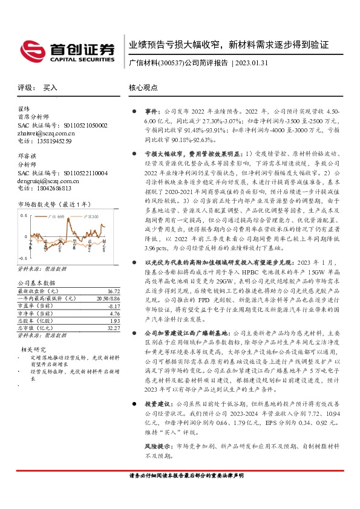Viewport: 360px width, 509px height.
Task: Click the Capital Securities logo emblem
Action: (29, 48)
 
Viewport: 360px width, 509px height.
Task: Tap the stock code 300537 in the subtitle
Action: (169, 63)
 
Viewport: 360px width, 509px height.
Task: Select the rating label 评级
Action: (24, 88)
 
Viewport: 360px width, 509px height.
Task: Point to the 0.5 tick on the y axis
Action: (24, 216)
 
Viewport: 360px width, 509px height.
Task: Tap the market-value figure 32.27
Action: (112, 328)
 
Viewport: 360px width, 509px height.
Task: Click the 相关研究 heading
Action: (34, 349)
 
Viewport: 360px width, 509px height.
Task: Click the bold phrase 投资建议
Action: (157, 386)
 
